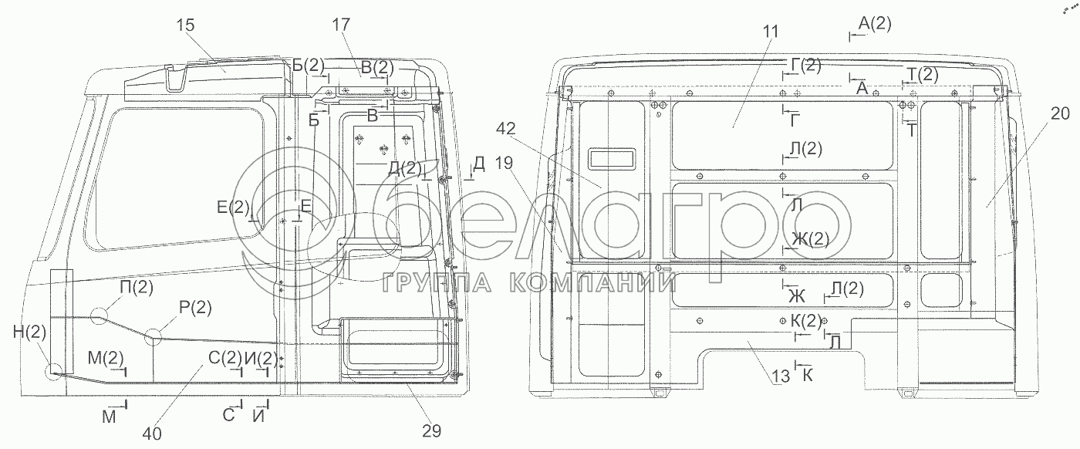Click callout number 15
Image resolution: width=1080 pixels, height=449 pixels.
[185, 25]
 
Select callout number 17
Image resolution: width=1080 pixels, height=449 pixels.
[340, 25]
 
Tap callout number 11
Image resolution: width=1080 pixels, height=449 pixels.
[771, 32]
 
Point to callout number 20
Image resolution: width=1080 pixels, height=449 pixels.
[1060, 114]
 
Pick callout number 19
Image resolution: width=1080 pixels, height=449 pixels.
[503, 163]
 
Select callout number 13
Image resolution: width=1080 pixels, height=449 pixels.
[781, 376]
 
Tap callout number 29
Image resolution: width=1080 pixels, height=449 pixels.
[431, 430]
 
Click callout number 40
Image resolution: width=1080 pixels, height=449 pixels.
[152, 434]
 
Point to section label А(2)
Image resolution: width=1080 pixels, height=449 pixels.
[875, 24]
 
